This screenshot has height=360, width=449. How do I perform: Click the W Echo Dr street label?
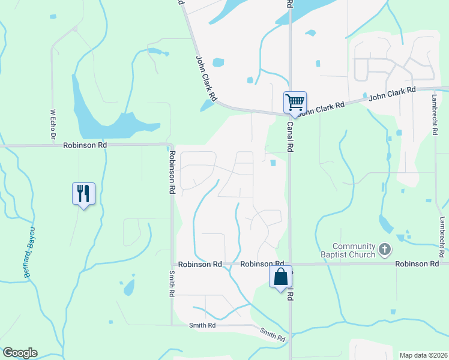pyautogui.click(x=52, y=125)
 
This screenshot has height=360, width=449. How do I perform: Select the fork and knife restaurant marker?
pyautogui.click(x=83, y=194)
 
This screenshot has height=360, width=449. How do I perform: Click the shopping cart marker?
pyautogui.click(x=295, y=102)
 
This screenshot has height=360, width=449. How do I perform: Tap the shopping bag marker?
pyautogui.click(x=280, y=277)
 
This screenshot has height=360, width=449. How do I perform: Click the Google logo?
pyautogui.click(x=20, y=353)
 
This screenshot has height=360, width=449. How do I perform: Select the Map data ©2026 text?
pyautogui.click(x=423, y=355)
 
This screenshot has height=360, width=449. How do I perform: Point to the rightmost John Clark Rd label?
pyautogui.click(x=392, y=93)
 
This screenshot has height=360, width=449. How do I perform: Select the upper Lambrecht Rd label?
pyautogui.click(x=434, y=113)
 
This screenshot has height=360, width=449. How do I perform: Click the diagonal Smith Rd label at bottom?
pyautogui.click(x=273, y=335)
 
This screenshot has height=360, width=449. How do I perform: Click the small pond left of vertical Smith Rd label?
pyautogui.click(x=128, y=287)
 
